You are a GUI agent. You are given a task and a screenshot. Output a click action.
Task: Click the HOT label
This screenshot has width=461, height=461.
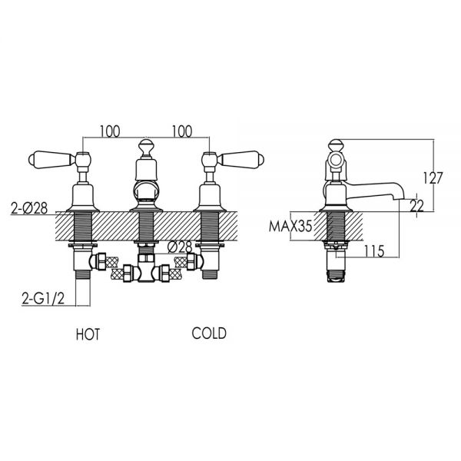tap(88, 334)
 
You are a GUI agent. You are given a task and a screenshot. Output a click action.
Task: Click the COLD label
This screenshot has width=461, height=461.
tap(209, 333)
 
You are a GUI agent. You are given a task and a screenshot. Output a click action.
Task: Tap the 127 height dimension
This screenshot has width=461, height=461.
tap(433, 178)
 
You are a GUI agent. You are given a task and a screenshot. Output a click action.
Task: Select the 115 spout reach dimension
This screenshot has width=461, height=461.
tap(374, 251)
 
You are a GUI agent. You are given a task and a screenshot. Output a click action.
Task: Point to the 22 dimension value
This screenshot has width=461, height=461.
tap(417, 206)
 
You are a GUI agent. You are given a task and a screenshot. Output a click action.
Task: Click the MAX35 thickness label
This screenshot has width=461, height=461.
tap(290, 227)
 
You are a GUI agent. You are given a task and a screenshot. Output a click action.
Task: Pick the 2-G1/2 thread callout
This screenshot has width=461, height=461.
tap(43, 299)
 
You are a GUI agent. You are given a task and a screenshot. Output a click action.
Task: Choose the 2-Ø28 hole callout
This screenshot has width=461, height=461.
tap(29, 208)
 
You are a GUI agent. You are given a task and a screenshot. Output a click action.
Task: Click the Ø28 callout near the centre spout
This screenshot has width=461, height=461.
tap(179, 247)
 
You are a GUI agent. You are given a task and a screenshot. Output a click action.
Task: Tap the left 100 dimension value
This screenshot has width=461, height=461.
tap(110, 131)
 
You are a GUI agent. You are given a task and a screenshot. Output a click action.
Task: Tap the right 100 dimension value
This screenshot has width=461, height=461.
tap(182, 131)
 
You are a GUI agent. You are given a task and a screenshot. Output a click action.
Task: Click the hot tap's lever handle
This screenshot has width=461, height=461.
tap(51, 160)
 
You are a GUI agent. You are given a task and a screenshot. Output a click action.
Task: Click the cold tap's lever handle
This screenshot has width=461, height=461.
tap(240, 160)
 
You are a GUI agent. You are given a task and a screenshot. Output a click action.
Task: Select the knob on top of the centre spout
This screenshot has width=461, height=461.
tap(146, 146)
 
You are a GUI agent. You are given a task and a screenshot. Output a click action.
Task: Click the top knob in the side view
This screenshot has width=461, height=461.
tap(336, 145)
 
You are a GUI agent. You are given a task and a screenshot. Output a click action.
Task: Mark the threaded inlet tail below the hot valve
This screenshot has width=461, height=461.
tap(83, 274)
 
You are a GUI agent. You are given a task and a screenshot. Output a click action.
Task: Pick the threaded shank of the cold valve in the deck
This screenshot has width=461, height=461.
tap(210, 227)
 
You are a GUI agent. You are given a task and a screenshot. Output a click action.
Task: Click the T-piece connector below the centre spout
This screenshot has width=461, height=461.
tap(146, 268)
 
